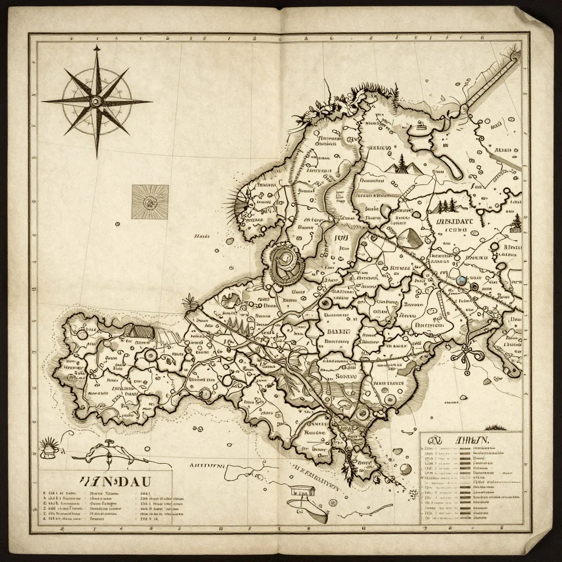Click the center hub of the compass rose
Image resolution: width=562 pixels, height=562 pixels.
tap(97, 101)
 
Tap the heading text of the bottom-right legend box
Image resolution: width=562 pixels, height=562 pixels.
tap(469, 441)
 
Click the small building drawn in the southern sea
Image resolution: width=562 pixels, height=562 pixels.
tap(300, 491)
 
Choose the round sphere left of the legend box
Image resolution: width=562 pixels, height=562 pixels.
tap(405, 468)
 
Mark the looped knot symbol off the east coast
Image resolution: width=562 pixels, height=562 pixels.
tap(470, 351)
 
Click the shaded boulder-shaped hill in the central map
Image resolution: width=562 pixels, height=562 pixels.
tap(407, 237)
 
